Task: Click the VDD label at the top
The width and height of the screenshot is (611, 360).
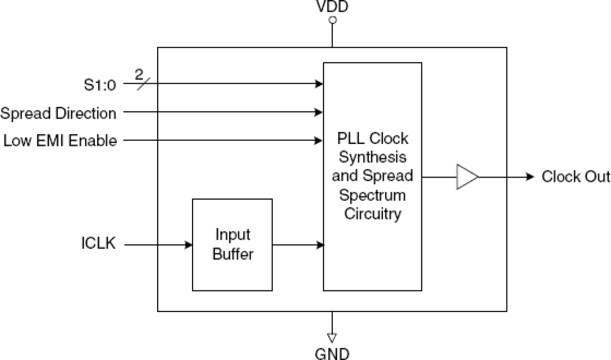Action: (x=332, y=7)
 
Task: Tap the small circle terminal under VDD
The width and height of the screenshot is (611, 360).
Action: (x=332, y=20)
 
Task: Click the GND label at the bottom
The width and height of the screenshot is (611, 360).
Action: (x=332, y=353)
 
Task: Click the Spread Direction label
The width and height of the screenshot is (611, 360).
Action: (x=58, y=113)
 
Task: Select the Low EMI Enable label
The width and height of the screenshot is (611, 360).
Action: (x=60, y=141)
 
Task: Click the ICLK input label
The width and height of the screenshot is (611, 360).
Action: (x=99, y=243)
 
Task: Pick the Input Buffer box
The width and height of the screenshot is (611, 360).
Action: (x=232, y=245)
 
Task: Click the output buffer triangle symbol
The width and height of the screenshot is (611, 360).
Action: (x=466, y=177)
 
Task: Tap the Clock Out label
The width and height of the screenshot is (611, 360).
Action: (x=575, y=177)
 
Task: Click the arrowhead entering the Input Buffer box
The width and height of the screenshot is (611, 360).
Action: (x=188, y=245)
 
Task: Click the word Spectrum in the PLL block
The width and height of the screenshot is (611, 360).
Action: (x=372, y=196)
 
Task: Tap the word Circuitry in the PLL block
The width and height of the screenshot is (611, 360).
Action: (x=373, y=213)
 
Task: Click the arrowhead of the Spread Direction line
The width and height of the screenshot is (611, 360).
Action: (x=320, y=112)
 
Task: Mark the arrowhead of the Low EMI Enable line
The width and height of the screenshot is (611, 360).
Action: (x=320, y=141)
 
